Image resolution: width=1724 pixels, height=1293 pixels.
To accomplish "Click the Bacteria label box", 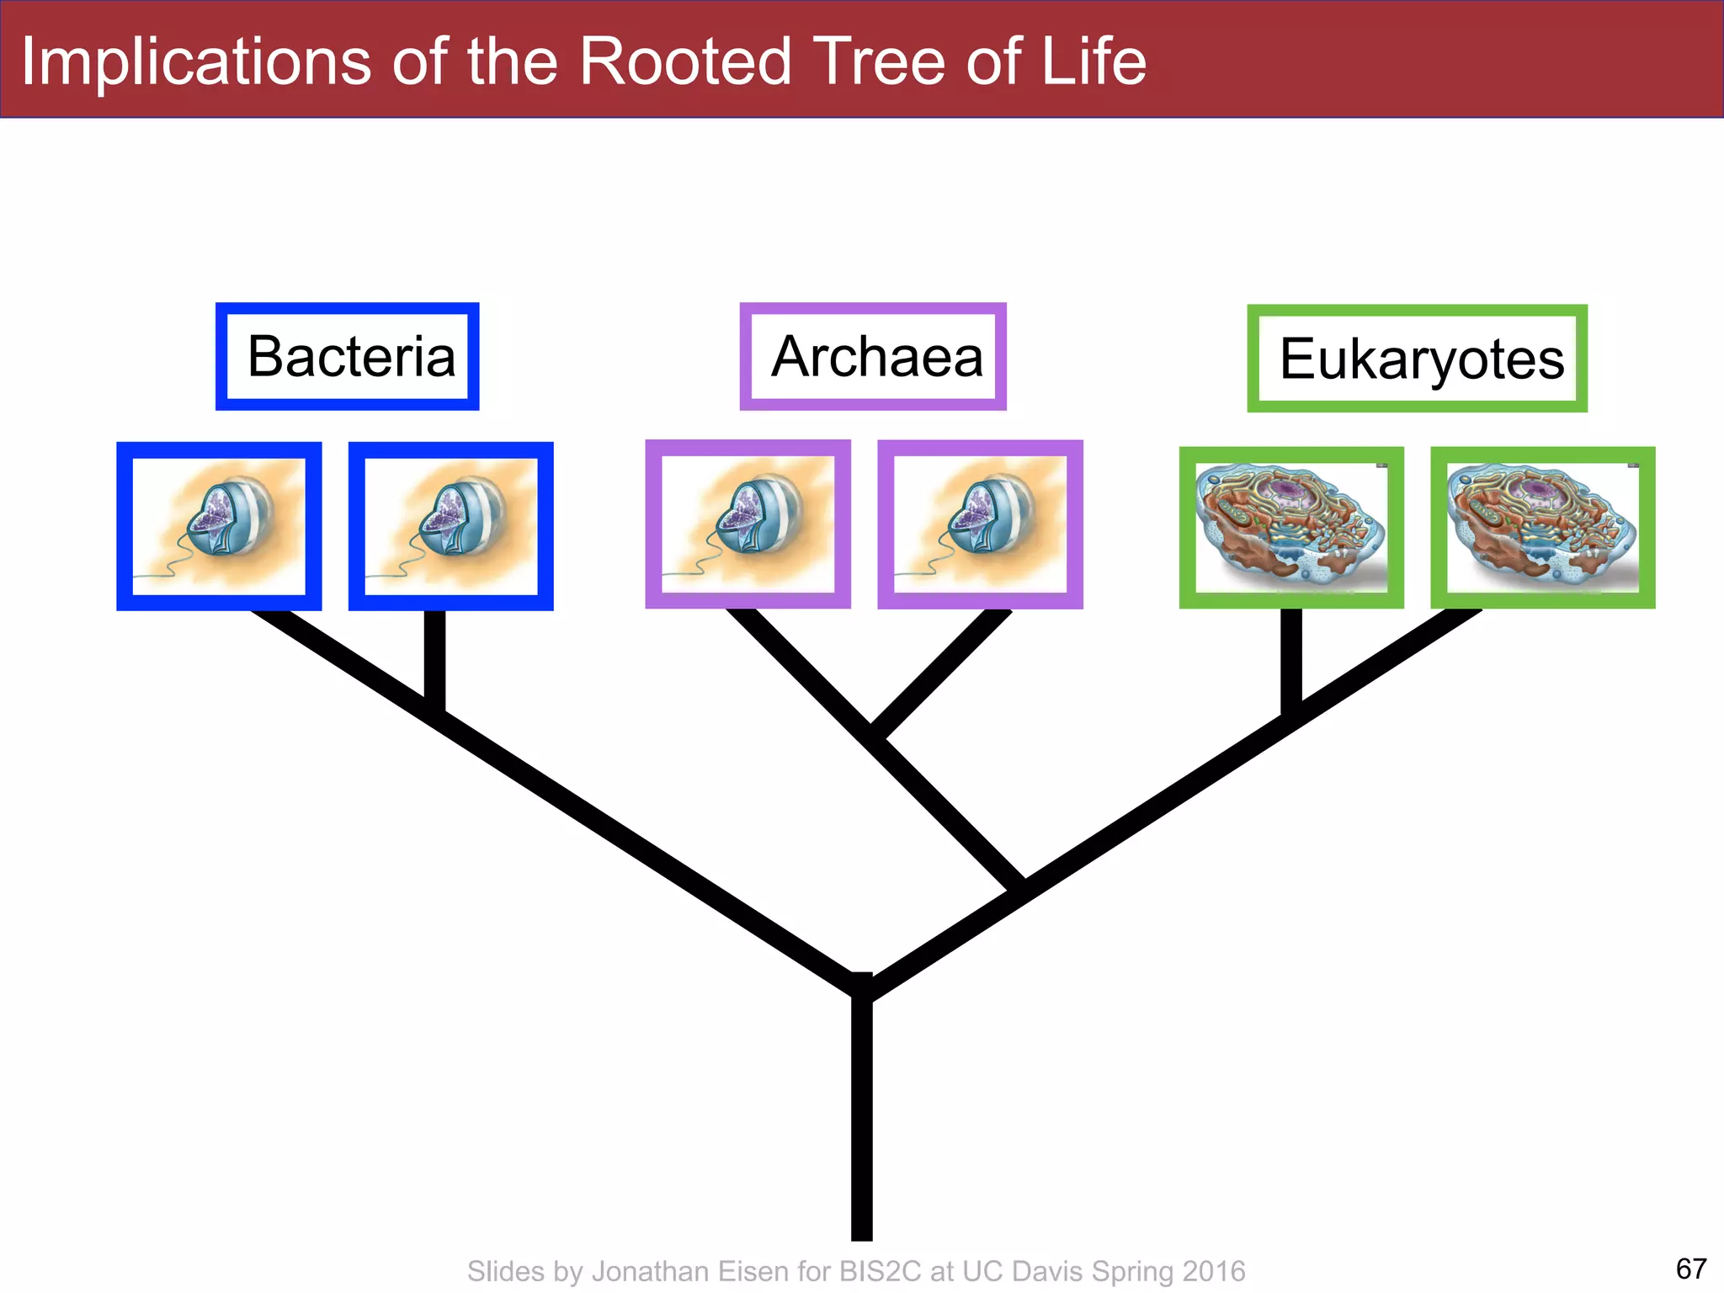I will pyautogui.click(x=348, y=357).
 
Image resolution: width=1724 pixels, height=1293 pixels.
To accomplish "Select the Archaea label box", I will pyautogui.click(x=873, y=357).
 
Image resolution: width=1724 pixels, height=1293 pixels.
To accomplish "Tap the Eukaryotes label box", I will pyautogui.click(x=1418, y=359).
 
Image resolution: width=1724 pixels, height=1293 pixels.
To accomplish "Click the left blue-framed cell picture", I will pyautogui.click(x=219, y=526).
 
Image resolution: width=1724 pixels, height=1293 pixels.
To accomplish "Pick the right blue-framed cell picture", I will pyautogui.click(x=451, y=526).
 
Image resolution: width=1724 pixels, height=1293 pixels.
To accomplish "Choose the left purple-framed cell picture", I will pyautogui.click(x=748, y=524).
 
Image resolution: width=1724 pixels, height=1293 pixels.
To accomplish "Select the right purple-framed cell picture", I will pyautogui.click(x=980, y=524).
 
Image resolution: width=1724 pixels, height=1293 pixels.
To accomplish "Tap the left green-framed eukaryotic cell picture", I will pyautogui.click(x=1291, y=528).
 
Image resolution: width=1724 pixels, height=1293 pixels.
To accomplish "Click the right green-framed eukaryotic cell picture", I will pyautogui.click(x=1543, y=528).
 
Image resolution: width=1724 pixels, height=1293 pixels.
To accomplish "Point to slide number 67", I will pyautogui.click(x=1691, y=1269).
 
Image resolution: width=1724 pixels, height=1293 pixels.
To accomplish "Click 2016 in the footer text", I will pyautogui.click(x=1213, y=1271).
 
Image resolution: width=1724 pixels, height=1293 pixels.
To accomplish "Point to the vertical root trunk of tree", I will pyautogui.click(x=861, y=1120).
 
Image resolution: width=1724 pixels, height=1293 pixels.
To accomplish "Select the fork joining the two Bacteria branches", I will pyautogui.click(x=434, y=710).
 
